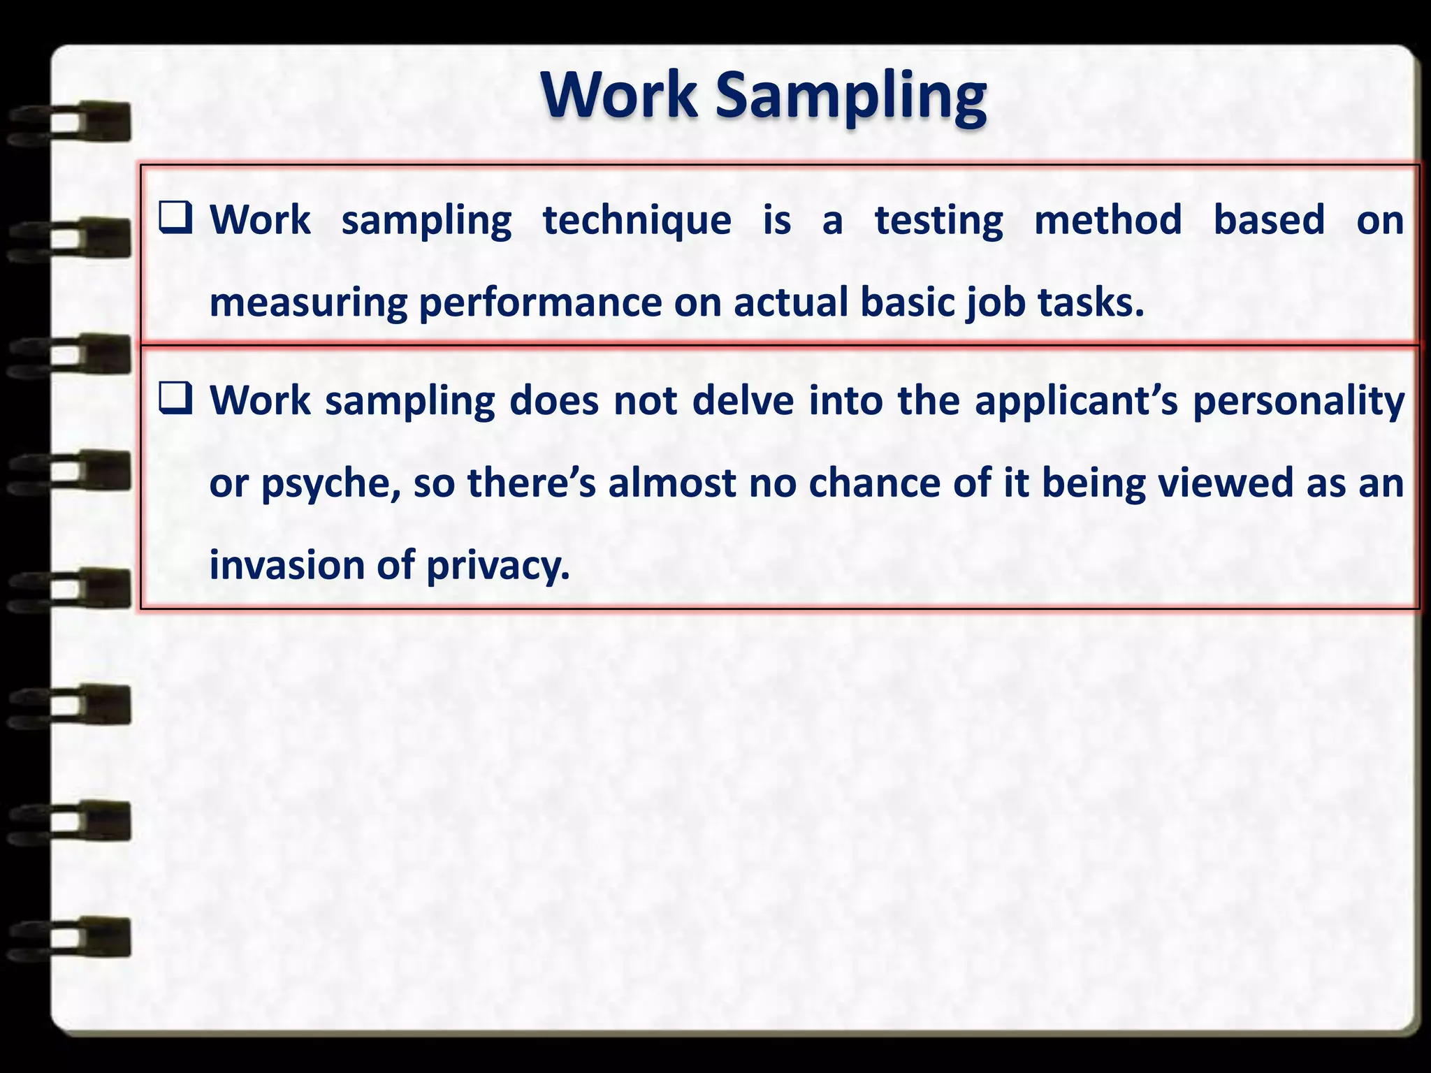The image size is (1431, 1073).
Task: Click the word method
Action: coord(1107,220)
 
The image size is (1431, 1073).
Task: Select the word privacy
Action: coord(497,567)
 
